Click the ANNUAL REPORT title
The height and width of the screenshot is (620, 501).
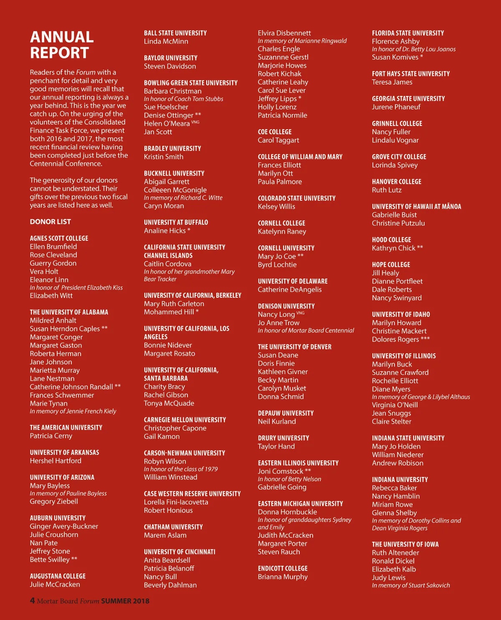coord(62,45)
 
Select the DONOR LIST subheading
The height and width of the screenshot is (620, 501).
coord(51,222)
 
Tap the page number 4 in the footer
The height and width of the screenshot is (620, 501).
coord(32,601)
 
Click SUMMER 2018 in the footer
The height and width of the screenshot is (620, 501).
coord(125,601)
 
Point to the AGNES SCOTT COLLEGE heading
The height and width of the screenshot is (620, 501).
coord(59,238)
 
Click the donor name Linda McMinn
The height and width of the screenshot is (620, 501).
coord(166,42)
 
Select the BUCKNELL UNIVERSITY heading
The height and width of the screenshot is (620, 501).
coord(174,173)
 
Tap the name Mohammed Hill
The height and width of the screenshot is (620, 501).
coord(169,312)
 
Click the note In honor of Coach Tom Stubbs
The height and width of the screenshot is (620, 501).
coord(184,99)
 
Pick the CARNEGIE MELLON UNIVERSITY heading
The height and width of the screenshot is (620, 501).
coord(185,420)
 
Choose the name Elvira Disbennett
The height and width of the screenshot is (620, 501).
coord(284,33)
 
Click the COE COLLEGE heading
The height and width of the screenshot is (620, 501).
coord(275,132)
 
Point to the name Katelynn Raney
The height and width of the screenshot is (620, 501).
coord(282,232)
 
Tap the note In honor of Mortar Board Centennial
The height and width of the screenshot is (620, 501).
coord(306,331)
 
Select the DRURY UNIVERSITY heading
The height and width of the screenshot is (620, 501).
coord(283,438)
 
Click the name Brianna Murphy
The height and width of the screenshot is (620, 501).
coord(283,577)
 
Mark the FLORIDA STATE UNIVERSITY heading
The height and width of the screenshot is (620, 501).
coord(408,33)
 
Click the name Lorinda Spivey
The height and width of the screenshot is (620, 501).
coord(395,165)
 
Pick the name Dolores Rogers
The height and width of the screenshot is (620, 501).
coord(395,339)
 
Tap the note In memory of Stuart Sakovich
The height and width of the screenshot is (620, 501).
coord(411,585)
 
